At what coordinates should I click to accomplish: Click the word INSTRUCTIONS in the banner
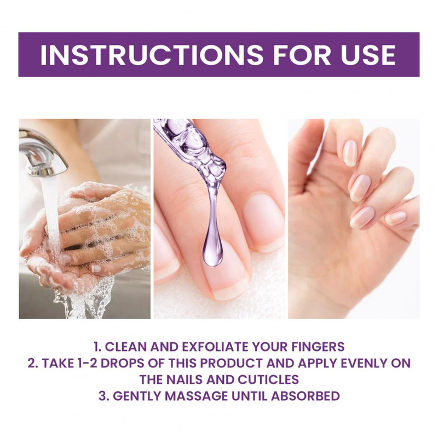pyautogui.click(x=152, y=54)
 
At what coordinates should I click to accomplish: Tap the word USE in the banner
pyautogui.click(x=368, y=54)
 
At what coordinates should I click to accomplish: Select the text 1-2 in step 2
pyautogui.click(x=85, y=363)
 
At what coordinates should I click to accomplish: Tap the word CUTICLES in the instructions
pyautogui.click(x=268, y=379)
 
